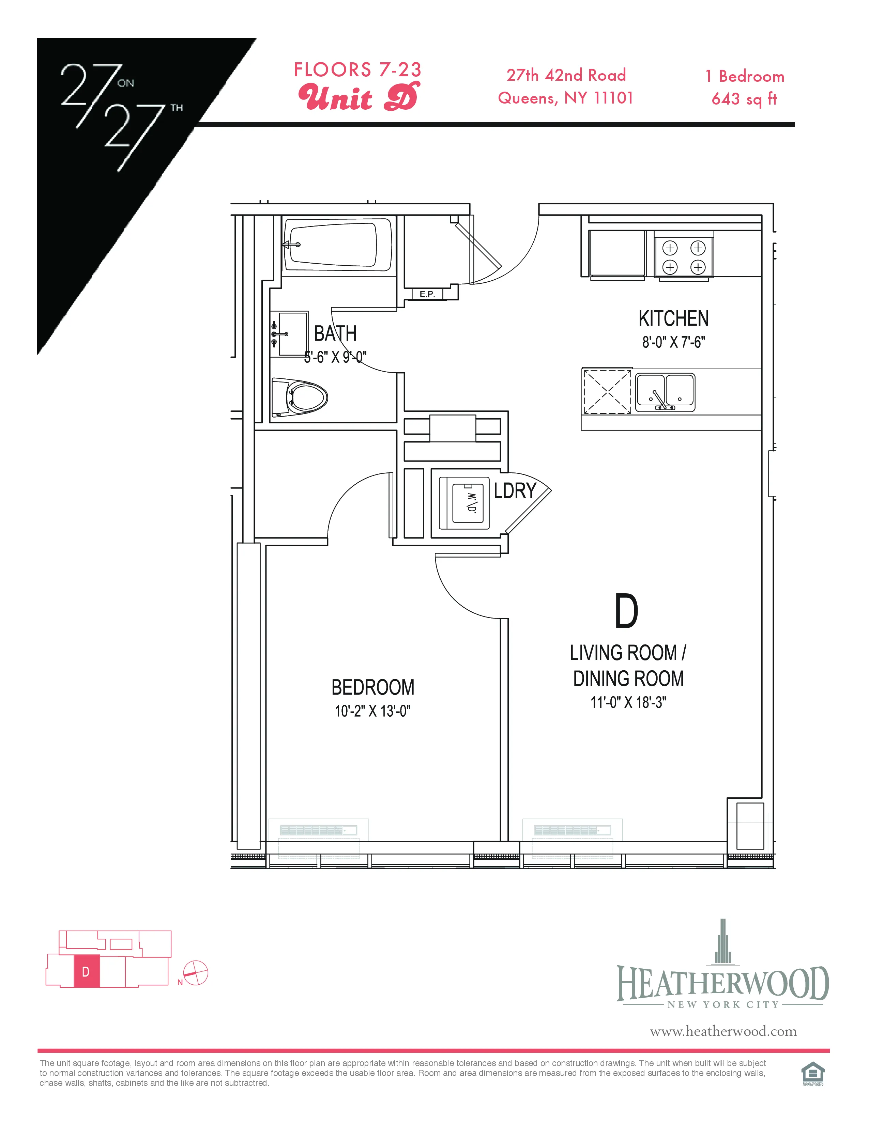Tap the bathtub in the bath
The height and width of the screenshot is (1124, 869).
click(x=338, y=245)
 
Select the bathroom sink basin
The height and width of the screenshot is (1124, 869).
click(x=290, y=333)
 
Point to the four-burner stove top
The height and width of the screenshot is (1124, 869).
click(x=684, y=257)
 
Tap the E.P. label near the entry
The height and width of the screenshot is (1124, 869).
click(x=427, y=294)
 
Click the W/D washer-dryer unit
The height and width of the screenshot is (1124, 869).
click(x=464, y=502)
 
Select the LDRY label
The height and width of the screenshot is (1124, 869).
click(x=515, y=490)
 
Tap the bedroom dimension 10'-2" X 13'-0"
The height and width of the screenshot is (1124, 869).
click(x=373, y=711)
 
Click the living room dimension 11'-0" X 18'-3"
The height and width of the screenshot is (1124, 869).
click(x=628, y=702)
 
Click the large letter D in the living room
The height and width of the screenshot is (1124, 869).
click(x=626, y=611)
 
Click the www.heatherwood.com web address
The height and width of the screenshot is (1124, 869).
click(x=723, y=1031)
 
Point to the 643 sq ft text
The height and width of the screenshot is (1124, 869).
click(x=744, y=99)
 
